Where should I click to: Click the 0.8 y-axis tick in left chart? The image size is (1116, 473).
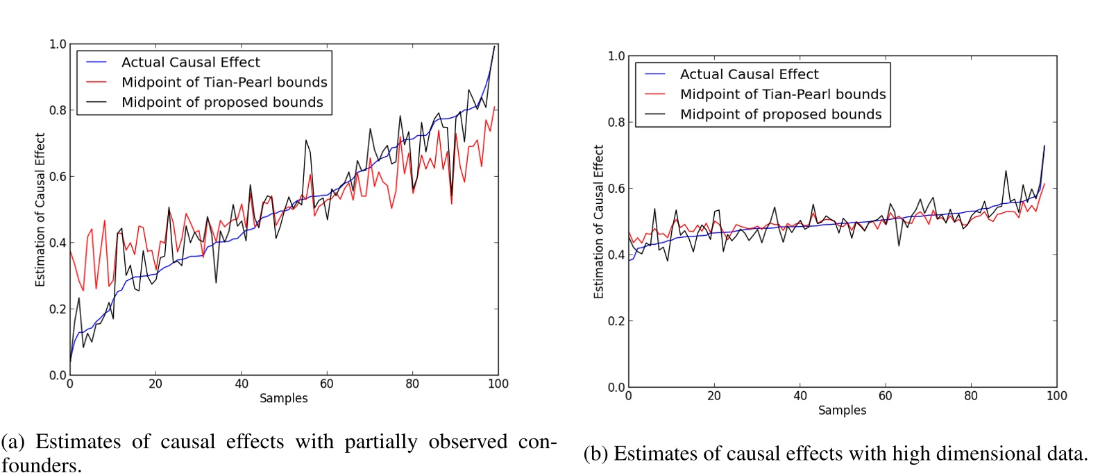tap(58, 110)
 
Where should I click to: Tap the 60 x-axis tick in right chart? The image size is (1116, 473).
tap(885, 396)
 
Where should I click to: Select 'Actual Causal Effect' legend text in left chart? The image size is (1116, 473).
tap(190, 62)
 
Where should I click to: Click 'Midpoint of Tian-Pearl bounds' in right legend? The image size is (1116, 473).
tap(782, 94)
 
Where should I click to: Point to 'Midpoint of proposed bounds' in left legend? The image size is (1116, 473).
tap(222, 103)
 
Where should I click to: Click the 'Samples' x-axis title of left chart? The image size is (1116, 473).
tap(283, 398)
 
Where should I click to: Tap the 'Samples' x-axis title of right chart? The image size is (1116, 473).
tap(842, 410)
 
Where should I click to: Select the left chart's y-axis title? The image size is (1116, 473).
tap(40, 209)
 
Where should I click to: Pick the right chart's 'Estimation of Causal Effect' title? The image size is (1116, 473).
tap(598, 222)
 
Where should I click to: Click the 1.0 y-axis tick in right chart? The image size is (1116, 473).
tap(616, 56)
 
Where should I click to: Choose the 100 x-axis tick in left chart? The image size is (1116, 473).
tap(498, 384)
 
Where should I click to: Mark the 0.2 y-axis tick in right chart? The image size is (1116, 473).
tap(616, 321)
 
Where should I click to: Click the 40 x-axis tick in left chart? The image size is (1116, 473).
tap(241, 384)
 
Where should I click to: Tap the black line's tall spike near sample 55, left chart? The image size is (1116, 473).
tap(305, 141)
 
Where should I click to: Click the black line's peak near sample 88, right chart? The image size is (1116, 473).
tap(1006, 171)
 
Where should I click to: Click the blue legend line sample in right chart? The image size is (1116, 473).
tap(654, 74)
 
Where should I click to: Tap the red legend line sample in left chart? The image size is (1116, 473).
tap(96, 83)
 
